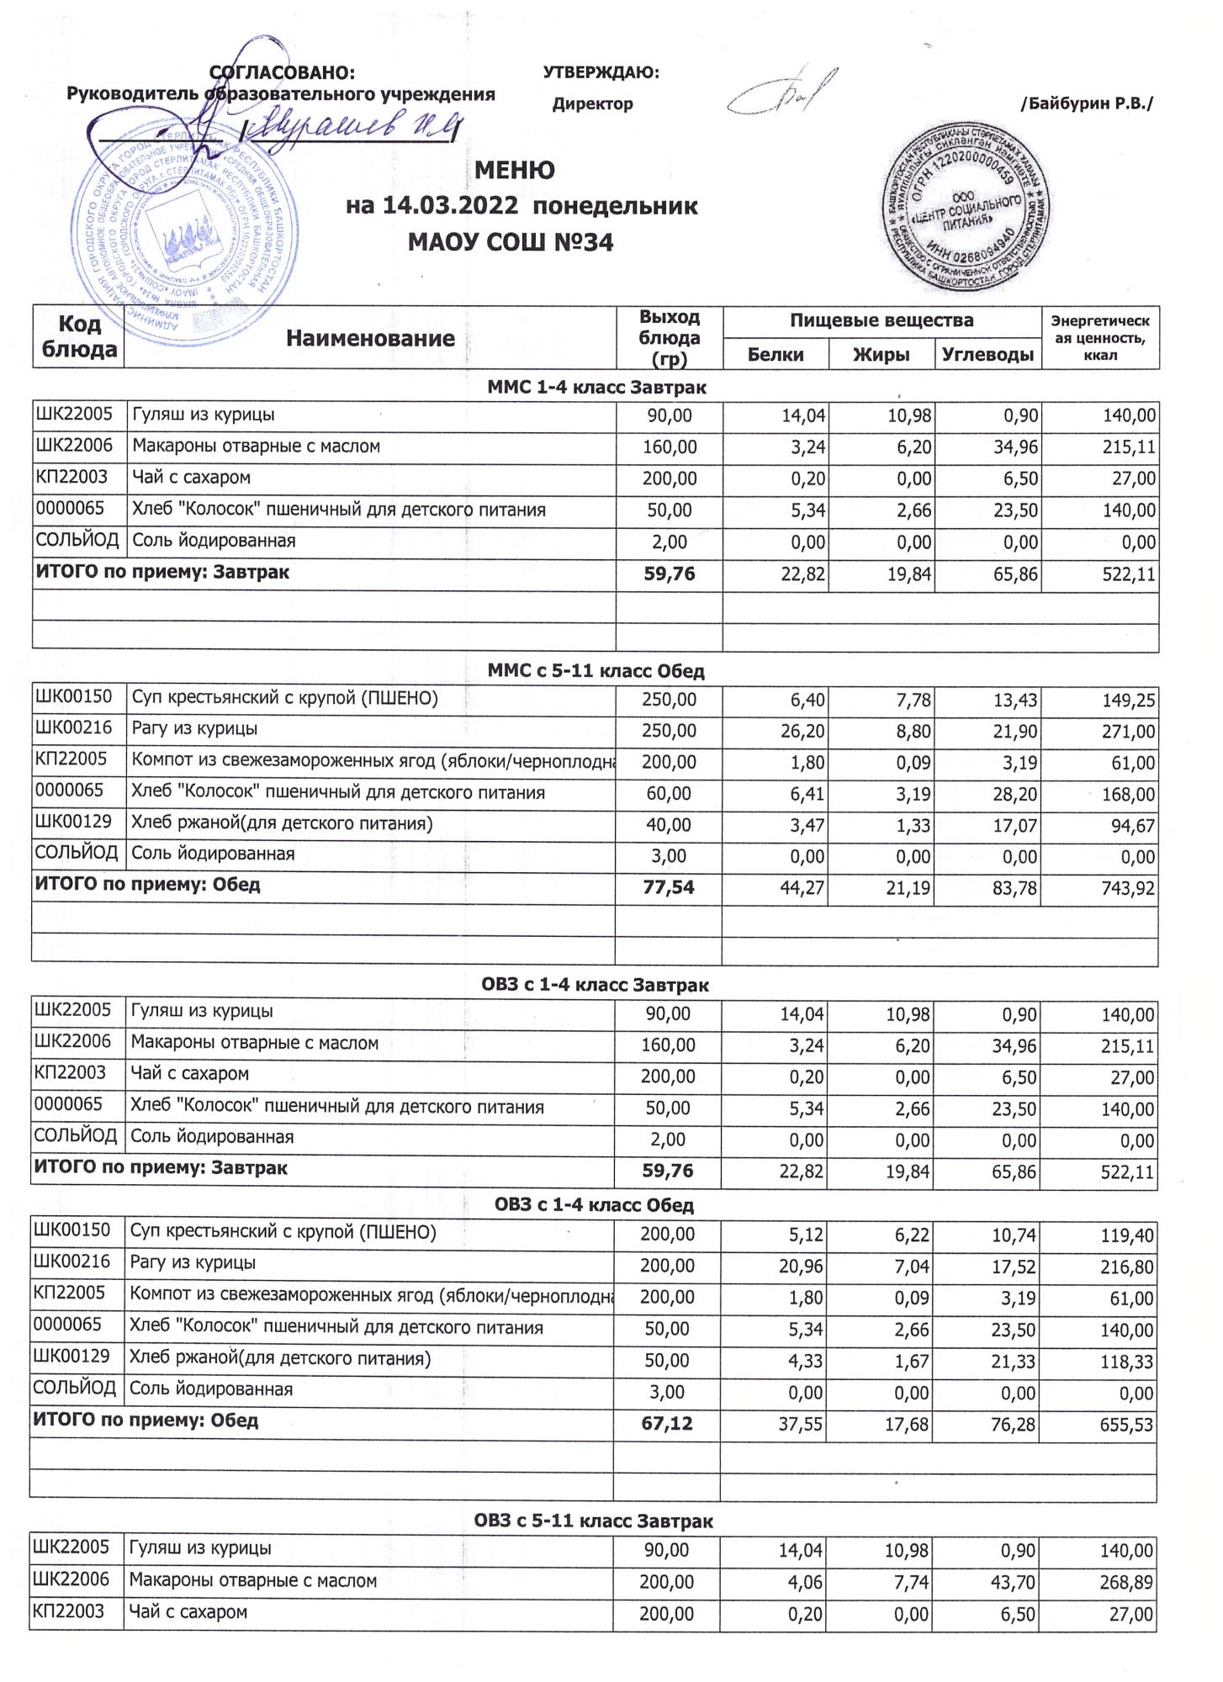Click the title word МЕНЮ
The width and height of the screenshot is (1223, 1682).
[x=515, y=171]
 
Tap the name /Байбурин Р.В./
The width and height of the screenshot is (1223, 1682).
[x=1086, y=104]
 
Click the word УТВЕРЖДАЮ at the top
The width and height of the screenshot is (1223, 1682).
[x=601, y=73]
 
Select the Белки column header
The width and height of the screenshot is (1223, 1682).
[x=776, y=355]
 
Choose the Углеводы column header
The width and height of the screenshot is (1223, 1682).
[x=987, y=355]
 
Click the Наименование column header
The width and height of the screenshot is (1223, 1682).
[x=370, y=338]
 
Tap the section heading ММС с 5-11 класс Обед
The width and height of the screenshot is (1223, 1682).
[x=596, y=671]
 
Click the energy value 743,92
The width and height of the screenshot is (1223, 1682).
[x=1125, y=888]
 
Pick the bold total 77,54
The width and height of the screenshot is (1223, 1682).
[x=669, y=886]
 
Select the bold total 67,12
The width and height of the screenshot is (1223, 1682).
[x=667, y=1423]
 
